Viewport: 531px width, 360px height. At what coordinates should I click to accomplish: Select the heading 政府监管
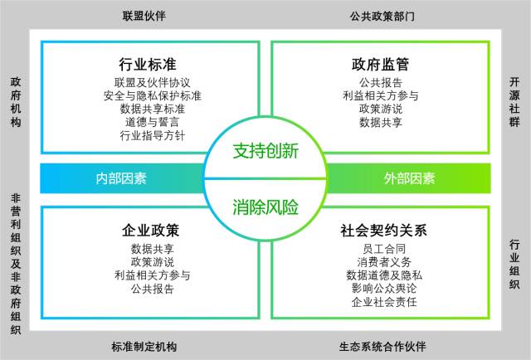click(381, 64)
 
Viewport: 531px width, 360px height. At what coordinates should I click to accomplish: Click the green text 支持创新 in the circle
click(265, 153)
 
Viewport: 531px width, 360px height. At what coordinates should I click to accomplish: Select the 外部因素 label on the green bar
click(409, 178)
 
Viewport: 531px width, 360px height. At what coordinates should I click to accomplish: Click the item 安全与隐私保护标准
click(153, 95)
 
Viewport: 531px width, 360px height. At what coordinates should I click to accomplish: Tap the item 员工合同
click(381, 248)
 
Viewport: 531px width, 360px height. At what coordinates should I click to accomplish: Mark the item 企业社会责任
click(381, 302)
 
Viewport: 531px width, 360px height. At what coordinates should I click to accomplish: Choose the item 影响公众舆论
click(381, 289)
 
